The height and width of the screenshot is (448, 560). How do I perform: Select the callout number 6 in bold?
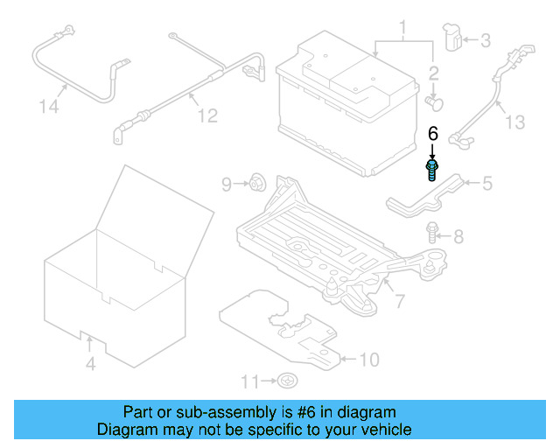point(431,134)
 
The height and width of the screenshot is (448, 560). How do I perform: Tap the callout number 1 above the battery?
point(403,34)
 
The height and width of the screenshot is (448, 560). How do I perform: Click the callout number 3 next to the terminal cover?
point(485,39)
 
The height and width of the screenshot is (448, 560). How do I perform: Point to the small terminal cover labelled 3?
point(452,38)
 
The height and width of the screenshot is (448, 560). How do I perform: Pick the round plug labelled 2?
point(433,102)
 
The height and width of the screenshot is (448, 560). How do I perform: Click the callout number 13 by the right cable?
point(515,122)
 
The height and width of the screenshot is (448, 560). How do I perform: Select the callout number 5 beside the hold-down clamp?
point(486,183)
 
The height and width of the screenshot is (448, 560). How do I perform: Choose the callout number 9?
point(226,184)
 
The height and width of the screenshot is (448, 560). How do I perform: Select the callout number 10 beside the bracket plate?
point(369,359)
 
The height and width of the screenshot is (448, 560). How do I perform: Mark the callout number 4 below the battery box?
point(91,364)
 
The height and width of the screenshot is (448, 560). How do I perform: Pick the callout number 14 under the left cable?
point(51,108)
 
